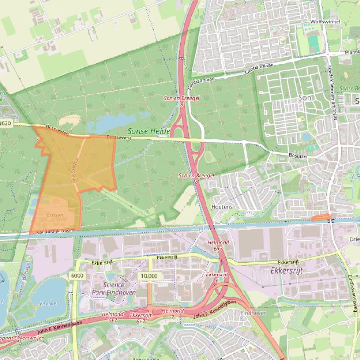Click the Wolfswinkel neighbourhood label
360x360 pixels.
tap(325, 22)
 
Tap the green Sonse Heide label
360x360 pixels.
tap(148, 132)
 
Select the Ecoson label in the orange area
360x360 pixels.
tap(55, 215)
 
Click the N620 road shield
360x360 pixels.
tap(6, 123)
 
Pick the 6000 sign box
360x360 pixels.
tap(78, 275)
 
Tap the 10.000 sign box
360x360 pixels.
tap(149, 276)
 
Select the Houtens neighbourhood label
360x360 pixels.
tap(222, 206)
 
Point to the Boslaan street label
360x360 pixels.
tap(297, 156)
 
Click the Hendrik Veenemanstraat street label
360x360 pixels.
tap(332, 93)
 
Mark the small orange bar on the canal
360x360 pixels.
tap(321, 217)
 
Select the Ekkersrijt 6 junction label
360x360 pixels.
tap(217, 277)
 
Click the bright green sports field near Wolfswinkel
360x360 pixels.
tap(314, 44)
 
